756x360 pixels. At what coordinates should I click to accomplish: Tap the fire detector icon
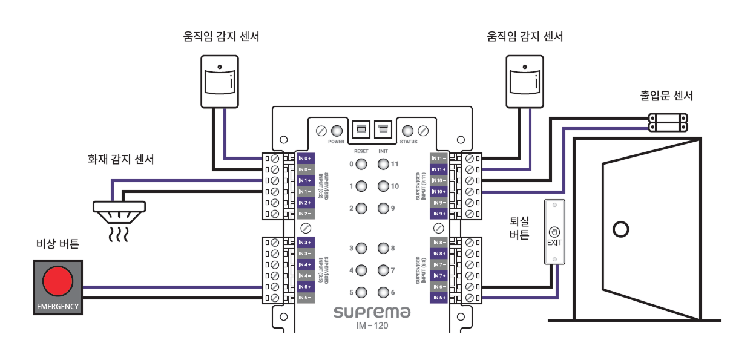(x=119, y=208)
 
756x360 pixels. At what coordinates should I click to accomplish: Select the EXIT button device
(x=554, y=232)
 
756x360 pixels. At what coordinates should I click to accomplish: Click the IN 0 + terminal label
(x=305, y=158)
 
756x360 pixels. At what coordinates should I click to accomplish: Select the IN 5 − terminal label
(x=305, y=298)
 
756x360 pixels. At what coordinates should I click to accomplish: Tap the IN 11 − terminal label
(x=438, y=158)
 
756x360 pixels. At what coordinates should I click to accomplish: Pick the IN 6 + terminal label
(x=438, y=298)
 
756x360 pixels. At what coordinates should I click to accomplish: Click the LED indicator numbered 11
(x=383, y=164)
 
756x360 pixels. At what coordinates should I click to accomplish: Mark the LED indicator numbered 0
(x=361, y=164)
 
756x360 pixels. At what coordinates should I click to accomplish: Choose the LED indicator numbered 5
(x=361, y=293)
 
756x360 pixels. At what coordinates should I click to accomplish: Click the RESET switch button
(x=361, y=129)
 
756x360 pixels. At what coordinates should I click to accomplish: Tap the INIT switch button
(x=383, y=129)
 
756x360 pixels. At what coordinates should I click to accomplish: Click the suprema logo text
(x=372, y=313)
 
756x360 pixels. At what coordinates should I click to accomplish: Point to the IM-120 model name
(x=372, y=326)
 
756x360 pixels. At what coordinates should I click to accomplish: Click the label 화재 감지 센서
(x=121, y=160)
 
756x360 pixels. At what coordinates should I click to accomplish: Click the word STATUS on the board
(x=409, y=142)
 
